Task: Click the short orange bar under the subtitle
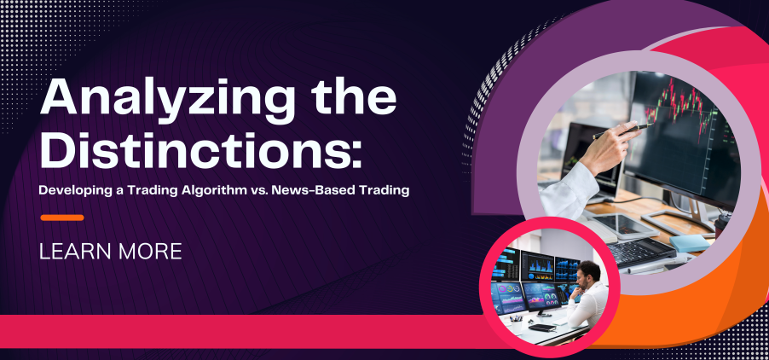[62, 218]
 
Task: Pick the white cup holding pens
[516, 326]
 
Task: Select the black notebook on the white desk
[541, 327]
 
